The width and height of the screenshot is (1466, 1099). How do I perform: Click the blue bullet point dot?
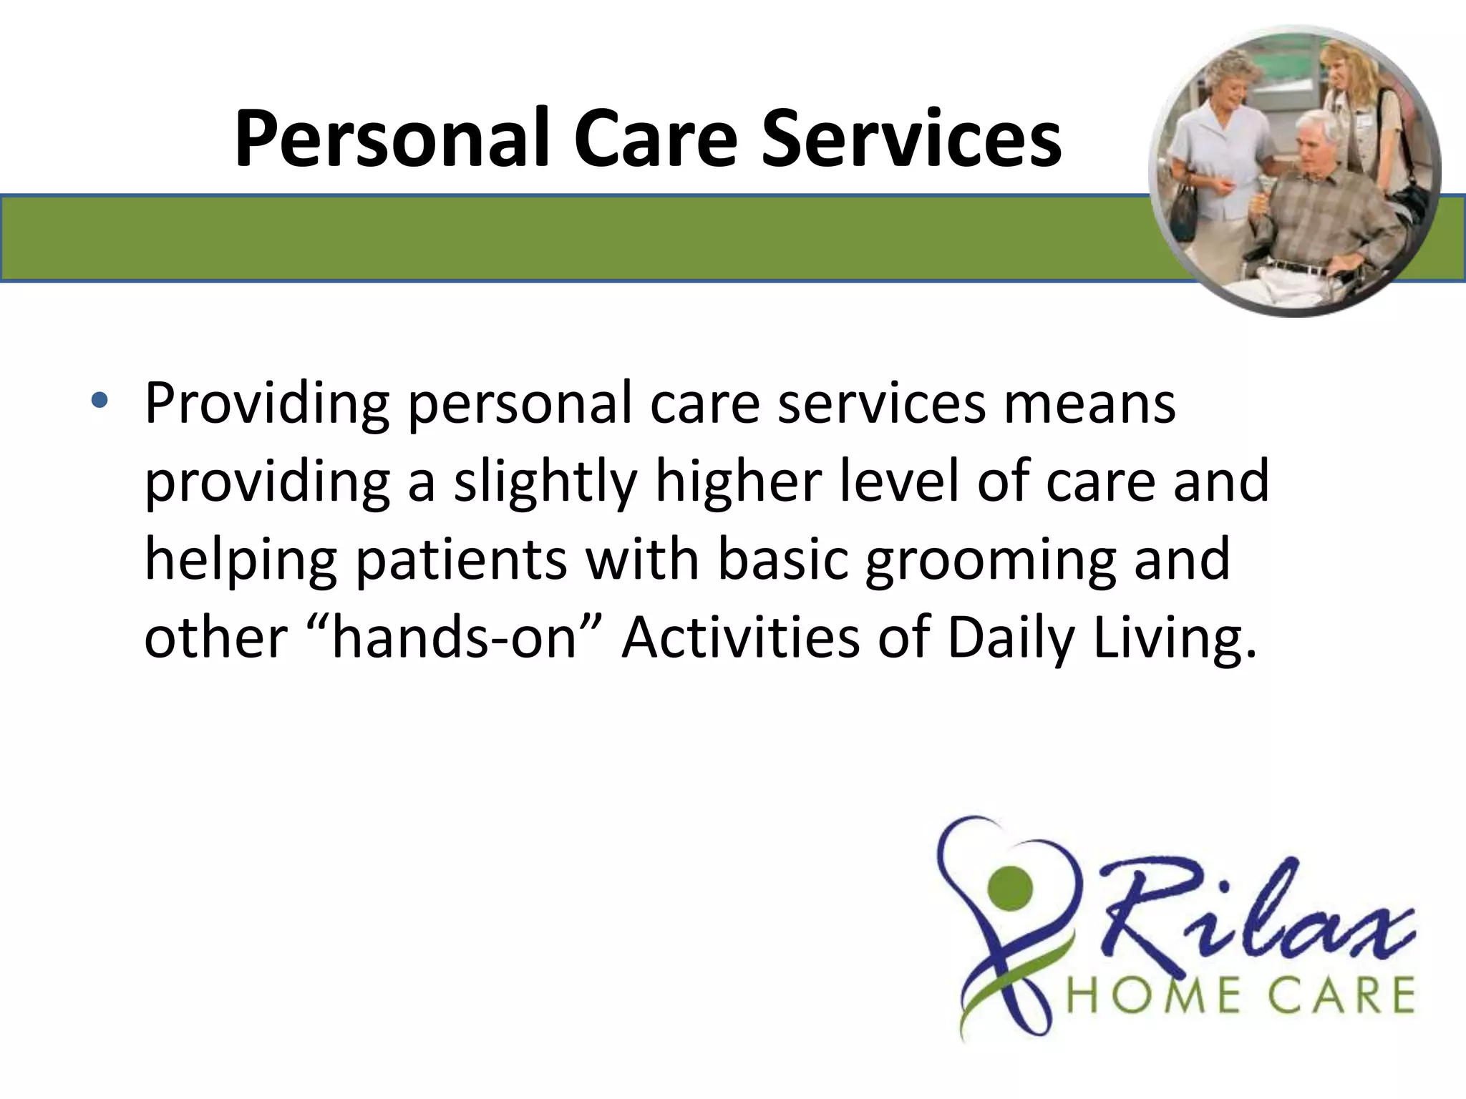tap(99, 402)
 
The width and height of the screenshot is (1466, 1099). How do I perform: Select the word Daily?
tap(1010, 638)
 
